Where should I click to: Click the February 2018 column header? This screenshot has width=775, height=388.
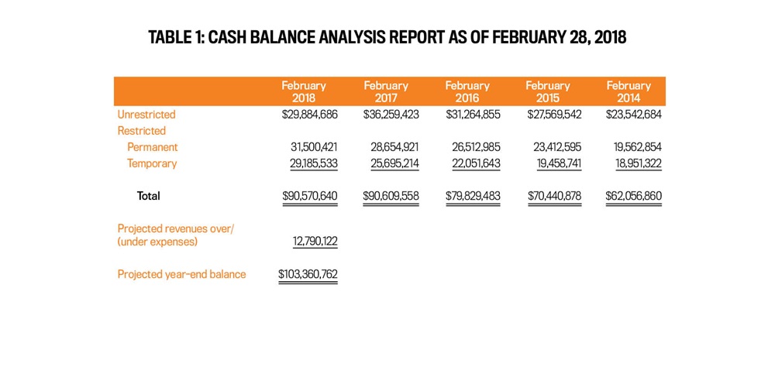click(304, 91)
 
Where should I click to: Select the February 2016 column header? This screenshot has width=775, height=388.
click(467, 91)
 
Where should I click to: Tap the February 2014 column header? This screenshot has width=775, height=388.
click(629, 91)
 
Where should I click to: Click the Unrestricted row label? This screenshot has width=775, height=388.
click(146, 115)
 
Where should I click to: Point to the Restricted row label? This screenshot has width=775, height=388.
click(141, 131)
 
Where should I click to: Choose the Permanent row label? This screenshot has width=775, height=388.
click(152, 147)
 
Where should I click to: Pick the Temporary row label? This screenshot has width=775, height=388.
click(152, 163)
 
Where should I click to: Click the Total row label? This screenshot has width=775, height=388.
click(148, 196)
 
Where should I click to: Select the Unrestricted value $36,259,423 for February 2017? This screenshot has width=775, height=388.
click(391, 115)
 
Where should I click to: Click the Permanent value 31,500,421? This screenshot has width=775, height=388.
click(314, 147)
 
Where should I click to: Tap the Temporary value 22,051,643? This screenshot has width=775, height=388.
click(476, 163)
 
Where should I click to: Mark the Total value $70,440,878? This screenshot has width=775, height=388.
click(555, 196)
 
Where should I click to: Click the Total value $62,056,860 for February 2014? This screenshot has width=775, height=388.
click(634, 196)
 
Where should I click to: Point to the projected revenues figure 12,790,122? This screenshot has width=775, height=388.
click(315, 242)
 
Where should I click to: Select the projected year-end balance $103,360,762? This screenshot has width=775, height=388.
click(308, 274)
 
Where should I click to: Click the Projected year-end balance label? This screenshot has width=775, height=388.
click(181, 274)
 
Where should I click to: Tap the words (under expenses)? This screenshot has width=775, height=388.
click(157, 242)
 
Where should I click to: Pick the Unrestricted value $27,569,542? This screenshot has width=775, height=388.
click(555, 115)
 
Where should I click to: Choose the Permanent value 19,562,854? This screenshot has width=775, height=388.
click(638, 147)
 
